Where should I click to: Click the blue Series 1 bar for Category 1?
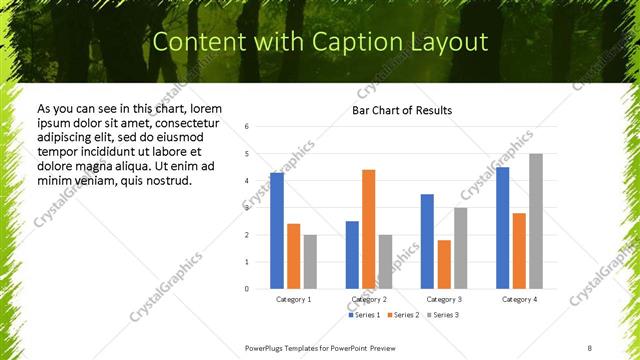click(x=277, y=230)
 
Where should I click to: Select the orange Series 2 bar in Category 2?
click(x=368, y=229)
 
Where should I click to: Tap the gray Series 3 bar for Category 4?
click(x=536, y=221)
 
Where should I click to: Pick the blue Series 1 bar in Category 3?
click(x=427, y=241)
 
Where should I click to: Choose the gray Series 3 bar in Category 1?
click(x=310, y=261)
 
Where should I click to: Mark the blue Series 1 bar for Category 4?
click(x=502, y=227)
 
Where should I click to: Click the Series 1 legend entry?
click(x=364, y=315)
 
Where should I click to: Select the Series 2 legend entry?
click(x=403, y=315)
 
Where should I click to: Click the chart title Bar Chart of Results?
click(x=402, y=110)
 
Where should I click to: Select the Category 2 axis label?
click(x=368, y=299)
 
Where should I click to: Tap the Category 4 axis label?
click(x=518, y=299)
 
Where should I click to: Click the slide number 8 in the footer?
click(x=590, y=347)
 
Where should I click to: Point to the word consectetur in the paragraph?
click(x=189, y=123)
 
